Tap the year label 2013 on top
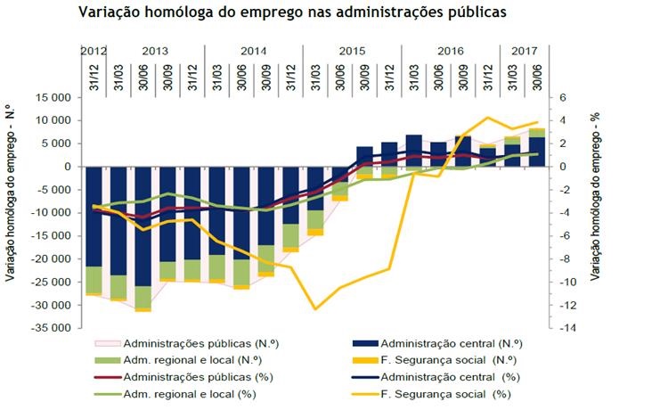tap(155, 51)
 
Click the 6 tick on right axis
tap(563, 97)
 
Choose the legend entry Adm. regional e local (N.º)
tap(186, 360)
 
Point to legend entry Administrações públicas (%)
tap(189, 377)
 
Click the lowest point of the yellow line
tap(315, 309)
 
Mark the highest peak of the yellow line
tap(487, 118)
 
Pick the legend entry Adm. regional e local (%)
tap(184, 394)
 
